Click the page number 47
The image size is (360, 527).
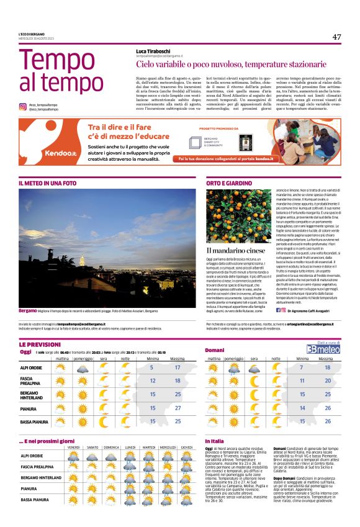pos(336,37)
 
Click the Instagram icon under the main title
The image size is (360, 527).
pos(22,107)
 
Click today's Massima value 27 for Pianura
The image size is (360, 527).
pos(178,408)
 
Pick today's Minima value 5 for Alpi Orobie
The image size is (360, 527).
pos(152,367)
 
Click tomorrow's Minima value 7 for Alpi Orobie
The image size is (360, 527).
pos(302,367)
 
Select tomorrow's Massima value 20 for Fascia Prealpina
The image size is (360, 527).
pos(328,381)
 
